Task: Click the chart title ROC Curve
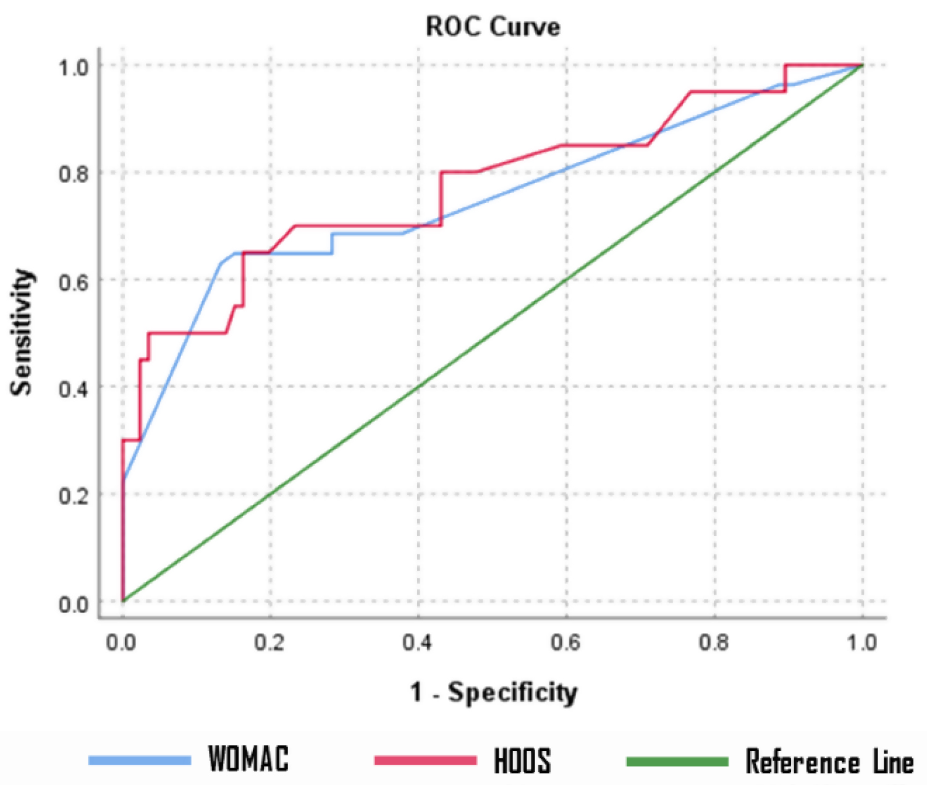(x=493, y=27)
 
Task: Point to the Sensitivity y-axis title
(x=22, y=332)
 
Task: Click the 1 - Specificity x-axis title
(x=494, y=692)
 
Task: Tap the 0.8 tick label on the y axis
(x=74, y=174)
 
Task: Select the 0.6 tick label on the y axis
(x=74, y=281)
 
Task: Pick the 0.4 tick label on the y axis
(x=74, y=389)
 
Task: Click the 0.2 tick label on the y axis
(x=74, y=496)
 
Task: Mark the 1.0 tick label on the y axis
(x=74, y=67)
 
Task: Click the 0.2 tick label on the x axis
(x=269, y=643)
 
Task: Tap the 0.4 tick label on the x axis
(x=418, y=643)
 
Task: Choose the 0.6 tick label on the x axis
(x=566, y=643)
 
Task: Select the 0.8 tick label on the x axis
(x=714, y=643)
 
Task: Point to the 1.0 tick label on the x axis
(x=862, y=643)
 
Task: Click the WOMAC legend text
(x=248, y=759)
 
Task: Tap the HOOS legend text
(x=522, y=760)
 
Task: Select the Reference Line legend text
(x=829, y=761)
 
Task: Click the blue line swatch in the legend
(x=140, y=760)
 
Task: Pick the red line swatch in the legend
(x=425, y=760)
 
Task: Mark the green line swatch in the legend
(x=677, y=761)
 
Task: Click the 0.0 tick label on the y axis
(x=74, y=604)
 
